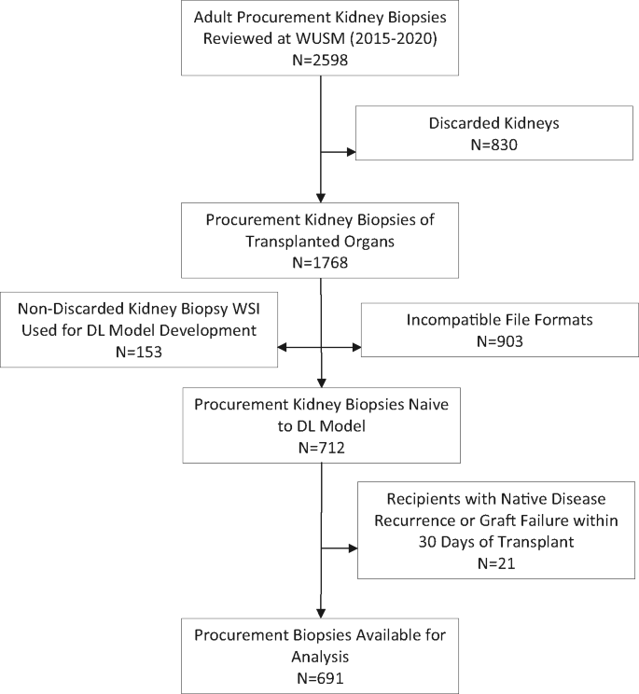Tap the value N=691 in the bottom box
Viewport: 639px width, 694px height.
click(320, 674)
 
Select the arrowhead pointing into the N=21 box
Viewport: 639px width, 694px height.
click(354, 548)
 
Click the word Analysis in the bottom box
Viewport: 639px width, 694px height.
click(320, 655)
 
